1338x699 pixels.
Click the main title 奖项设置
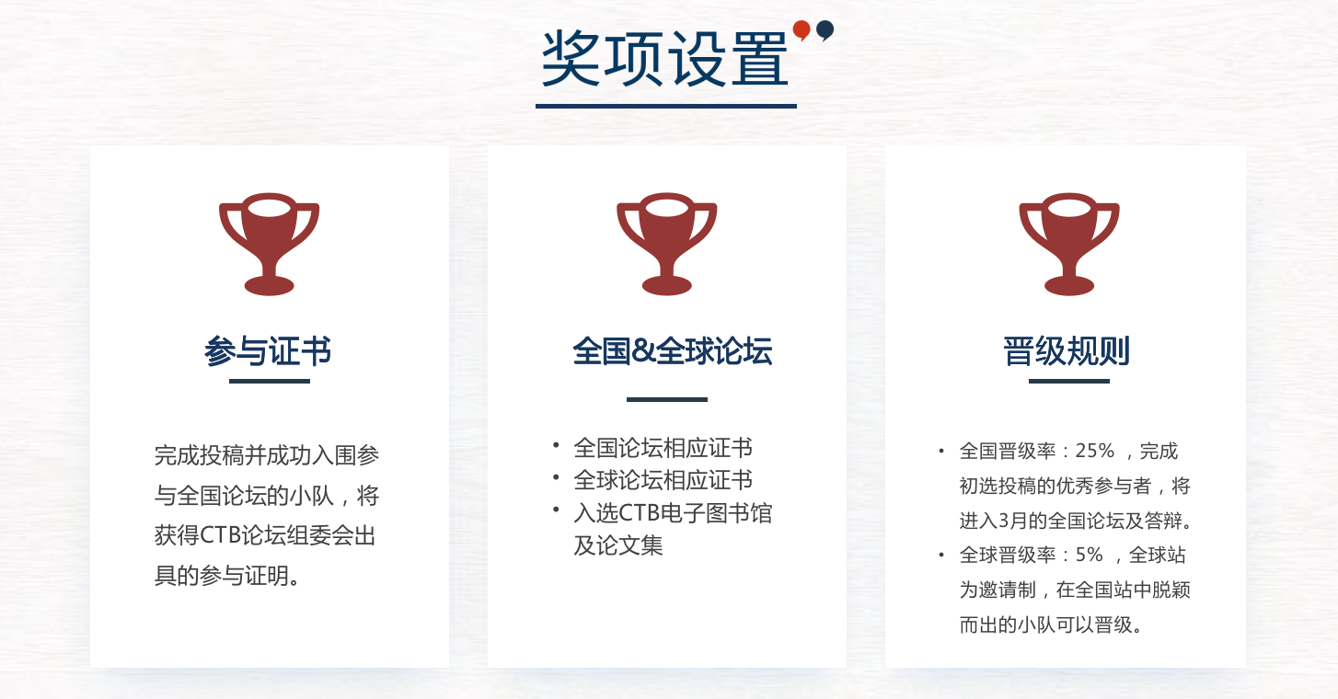664,59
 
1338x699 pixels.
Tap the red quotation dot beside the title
802,29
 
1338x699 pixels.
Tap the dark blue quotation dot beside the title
825,29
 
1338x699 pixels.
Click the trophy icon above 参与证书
270,244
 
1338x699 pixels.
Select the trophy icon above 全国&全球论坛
666,244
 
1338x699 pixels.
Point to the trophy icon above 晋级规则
1069,244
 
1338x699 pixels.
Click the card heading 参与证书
268,351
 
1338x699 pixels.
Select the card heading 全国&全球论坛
672,351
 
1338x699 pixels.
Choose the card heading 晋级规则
1067,351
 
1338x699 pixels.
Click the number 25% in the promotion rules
1095,451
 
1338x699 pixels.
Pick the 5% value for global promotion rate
1089,555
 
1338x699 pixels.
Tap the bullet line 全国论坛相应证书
663,448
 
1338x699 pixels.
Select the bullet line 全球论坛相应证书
663,480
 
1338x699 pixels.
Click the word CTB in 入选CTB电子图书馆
639,513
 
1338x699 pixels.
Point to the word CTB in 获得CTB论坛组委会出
221,535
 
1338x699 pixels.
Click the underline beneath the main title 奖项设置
666,107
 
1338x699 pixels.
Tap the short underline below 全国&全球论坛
666,399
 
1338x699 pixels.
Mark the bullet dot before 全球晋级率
941,556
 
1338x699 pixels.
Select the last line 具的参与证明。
227,576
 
